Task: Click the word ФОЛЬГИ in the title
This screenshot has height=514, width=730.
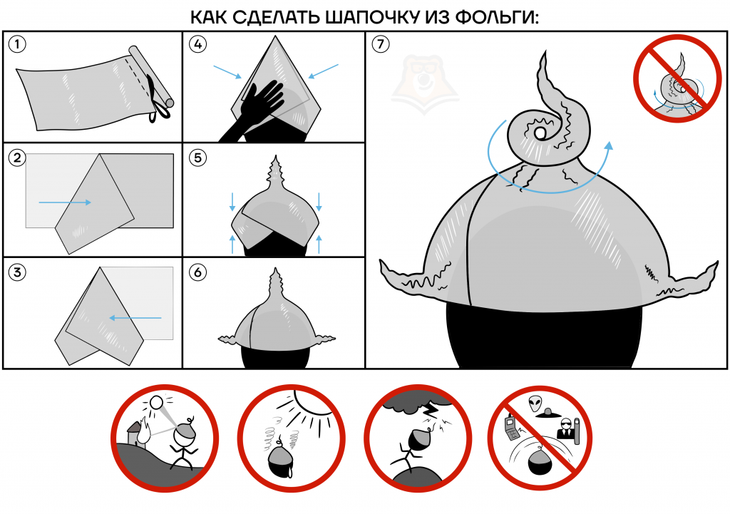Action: click(x=497, y=17)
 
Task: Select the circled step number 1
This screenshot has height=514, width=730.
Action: click(x=18, y=44)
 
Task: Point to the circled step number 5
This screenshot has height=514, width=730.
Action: click(x=198, y=158)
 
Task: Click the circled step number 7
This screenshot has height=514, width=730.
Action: click(x=381, y=43)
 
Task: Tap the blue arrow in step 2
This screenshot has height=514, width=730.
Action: click(x=65, y=202)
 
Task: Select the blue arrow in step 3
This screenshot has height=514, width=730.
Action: click(x=135, y=318)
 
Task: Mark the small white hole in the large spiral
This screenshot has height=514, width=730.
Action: click(x=540, y=133)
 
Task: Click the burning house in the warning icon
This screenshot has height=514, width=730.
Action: click(x=138, y=433)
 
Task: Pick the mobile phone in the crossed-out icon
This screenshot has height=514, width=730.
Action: click(x=512, y=428)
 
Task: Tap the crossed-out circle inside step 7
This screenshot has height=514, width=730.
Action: click(x=677, y=78)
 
